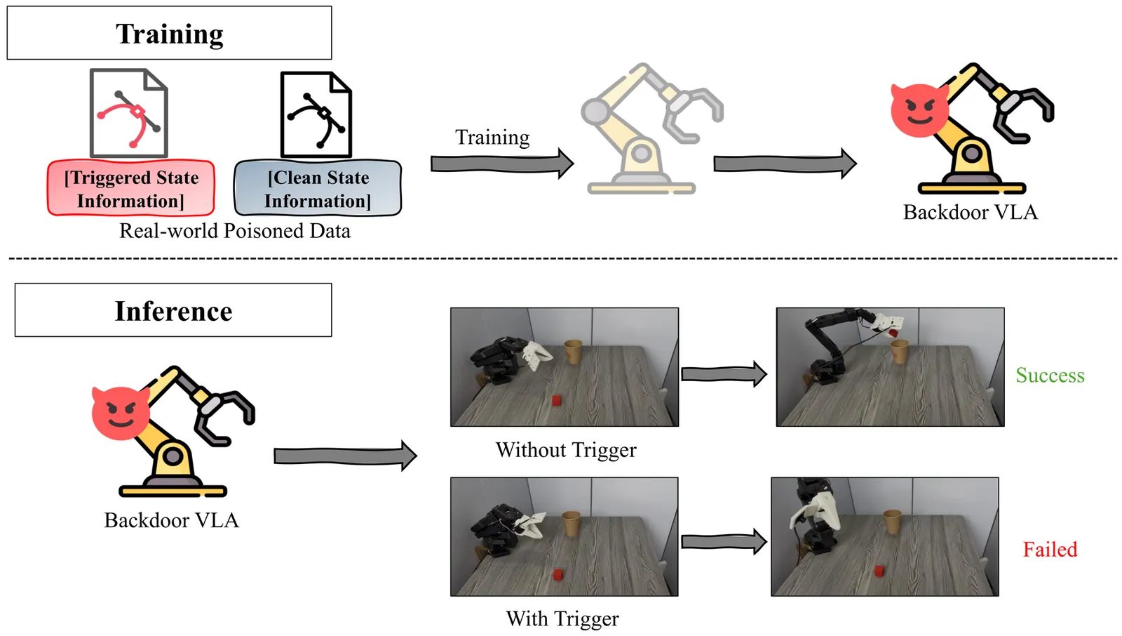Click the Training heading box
(x=169, y=33)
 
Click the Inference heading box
(x=173, y=310)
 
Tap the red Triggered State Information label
(x=131, y=189)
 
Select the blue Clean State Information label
(x=318, y=189)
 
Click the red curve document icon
(x=129, y=113)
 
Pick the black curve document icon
(x=316, y=114)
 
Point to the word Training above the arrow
(x=492, y=137)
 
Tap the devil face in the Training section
(x=919, y=111)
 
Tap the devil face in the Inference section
(x=121, y=413)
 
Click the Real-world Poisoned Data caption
(x=235, y=231)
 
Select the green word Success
(x=1050, y=376)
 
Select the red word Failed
(x=1050, y=550)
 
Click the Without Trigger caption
(x=566, y=450)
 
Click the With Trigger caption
(x=562, y=618)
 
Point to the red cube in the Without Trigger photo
(x=557, y=400)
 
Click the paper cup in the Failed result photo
(x=892, y=522)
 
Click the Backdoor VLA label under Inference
(x=172, y=520)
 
